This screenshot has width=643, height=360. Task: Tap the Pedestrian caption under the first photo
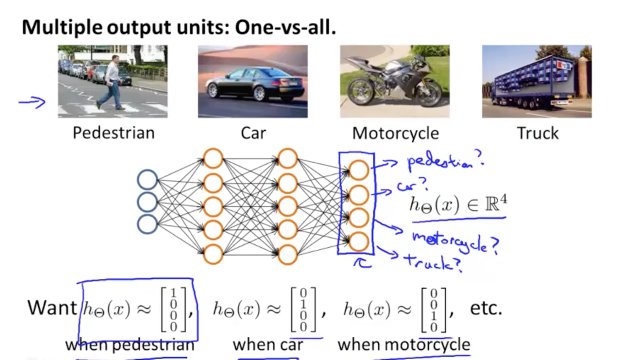[x=114, y=133]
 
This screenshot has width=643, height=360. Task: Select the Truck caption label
[x=538, y=133]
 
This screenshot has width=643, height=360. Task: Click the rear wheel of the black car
[x=259, y=93]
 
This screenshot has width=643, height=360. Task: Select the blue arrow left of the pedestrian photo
[x=32, y=102]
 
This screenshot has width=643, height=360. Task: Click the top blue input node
[x=147, y=180]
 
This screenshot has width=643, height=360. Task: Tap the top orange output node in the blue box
[x=358, y=170]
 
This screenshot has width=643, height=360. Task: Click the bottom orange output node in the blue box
[x=358, y=242]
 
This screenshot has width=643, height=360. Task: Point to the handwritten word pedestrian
[x=444, y=162]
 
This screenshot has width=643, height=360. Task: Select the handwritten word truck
[x=431, y=262]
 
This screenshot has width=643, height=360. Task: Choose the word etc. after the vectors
[x=486, y=308]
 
